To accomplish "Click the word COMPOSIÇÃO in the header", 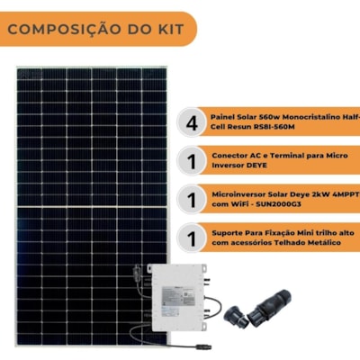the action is (x=65, y=30).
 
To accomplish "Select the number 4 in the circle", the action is (x=192, y=122).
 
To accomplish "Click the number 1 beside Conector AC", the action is (x=192, y=161).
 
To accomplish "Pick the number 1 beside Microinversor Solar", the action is (x=192, y=200).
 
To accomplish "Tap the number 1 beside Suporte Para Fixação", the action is (x=192, y=238).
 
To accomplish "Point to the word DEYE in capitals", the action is (x=254, y=166).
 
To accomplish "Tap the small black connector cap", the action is (x=235, y=316).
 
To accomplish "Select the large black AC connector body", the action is (x=269, y=303).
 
